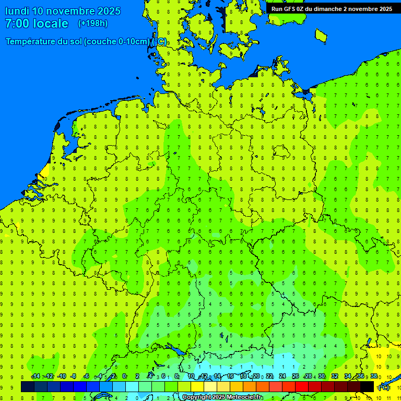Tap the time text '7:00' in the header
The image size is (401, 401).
pos(17,23)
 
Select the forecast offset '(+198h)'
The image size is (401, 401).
pos(92,23)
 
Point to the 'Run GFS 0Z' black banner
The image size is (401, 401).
pos(332,9)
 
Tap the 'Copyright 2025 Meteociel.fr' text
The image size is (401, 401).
pos(222,397)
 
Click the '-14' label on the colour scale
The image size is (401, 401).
pos(36,376)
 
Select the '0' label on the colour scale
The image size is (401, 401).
pos(124,376)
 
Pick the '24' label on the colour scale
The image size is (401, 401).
pos(282,376)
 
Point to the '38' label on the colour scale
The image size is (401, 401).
pos(374,376)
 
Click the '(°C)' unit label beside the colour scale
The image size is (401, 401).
pos(383,387)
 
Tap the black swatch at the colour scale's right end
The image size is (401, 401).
pos(367,386)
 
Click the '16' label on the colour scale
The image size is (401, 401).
pos(230,376)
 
